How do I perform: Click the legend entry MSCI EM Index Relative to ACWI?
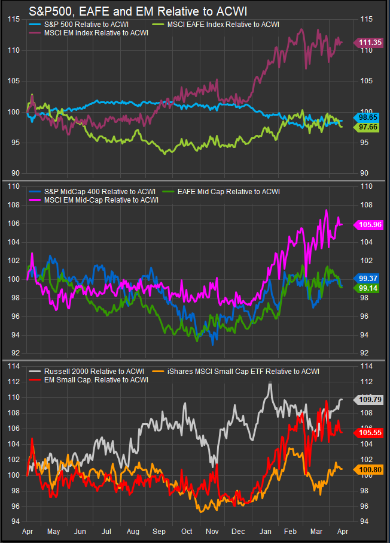click(x=96, y=33)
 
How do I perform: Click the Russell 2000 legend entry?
click(x=90, y=372)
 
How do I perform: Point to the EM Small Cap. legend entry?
click(x=96, y=379)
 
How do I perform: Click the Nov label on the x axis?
click(x=212, y=531)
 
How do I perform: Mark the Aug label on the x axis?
click(x=133, y=531)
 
